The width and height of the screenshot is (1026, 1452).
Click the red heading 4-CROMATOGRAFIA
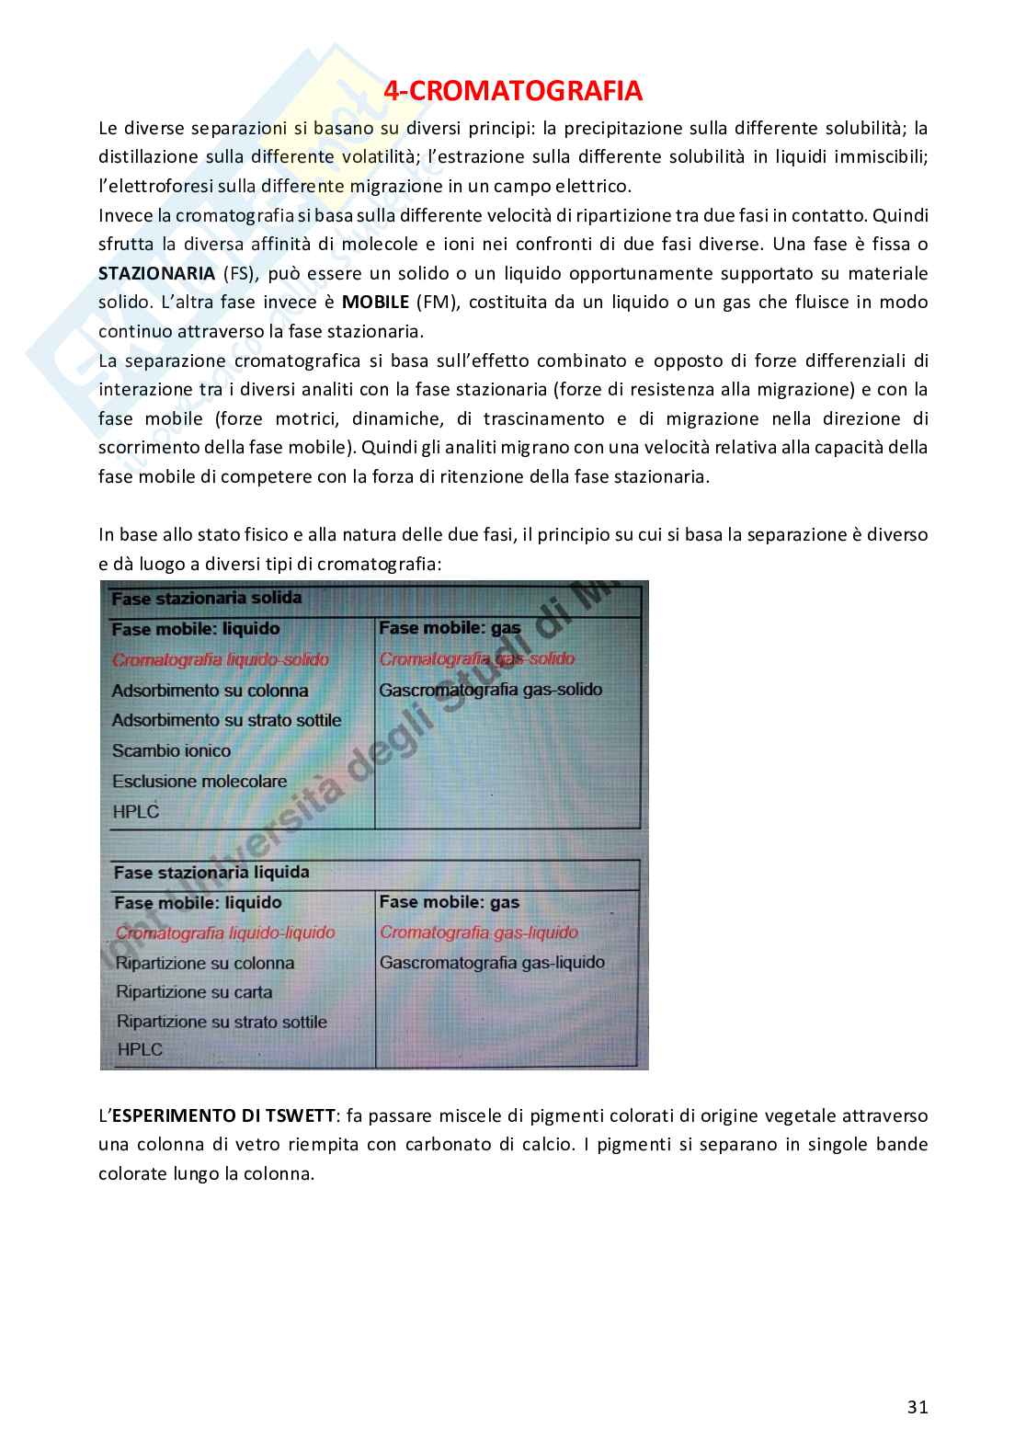click(x=512, y=92)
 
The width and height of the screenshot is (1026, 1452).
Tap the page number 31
click(x=917, y=1407)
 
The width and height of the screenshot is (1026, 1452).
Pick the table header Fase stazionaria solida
click(x=206, y=599)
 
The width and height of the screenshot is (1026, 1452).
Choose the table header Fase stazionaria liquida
click(x=211, y=872)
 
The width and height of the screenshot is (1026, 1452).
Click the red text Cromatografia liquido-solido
click(x=220, y=659)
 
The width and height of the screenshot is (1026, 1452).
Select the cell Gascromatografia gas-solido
click(x=490, y=690)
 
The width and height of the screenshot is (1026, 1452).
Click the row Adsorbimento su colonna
click(x=210, y=691)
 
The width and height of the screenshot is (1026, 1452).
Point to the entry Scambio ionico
click(x=171, y=750)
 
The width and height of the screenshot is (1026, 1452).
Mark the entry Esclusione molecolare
click(x=199, y=782)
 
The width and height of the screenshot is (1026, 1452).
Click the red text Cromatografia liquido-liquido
click(x=225, y=932)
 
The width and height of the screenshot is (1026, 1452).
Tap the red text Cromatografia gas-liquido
click(x=478, y=932)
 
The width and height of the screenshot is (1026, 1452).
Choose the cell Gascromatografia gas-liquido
click(x=492, y=963)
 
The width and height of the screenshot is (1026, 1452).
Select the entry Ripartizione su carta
click(x=194, y=992)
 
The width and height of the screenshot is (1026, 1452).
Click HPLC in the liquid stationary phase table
click(x=140, y=1049)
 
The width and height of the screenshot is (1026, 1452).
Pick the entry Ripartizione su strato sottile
click(x=222, y=1022)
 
